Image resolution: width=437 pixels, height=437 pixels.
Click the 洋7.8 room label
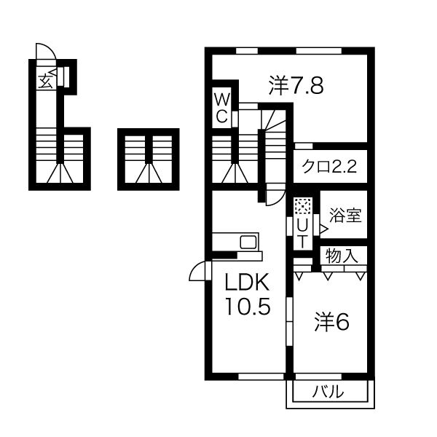pyautogui.click(x=296, y=86)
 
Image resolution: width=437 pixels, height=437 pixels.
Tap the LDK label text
pyautogui.click(x=247, y=282)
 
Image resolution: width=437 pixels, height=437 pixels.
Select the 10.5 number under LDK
pyautogui.click(x=248, y=307)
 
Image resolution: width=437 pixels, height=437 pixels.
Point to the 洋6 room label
pyautogui.click(x=331, y=323)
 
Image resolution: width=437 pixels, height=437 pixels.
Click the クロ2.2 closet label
pyautogui.click(x=329, y=168)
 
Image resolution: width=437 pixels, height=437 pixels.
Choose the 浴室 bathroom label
pyautogui.click(x=345, y=215)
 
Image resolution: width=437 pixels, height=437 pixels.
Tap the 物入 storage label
pyautogui.click(x=342, y=256)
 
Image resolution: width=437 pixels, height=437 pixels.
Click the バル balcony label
pyautogui.click(x=328, y=392)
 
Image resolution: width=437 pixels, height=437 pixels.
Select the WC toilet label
pyautogui.click(x=222, y=108)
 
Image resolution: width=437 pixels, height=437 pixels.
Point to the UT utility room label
pyautogui.click(x=302, y=234)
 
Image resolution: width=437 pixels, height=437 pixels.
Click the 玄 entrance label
pyautogui.click(x=45, y=82)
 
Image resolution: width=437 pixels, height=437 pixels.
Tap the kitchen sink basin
pyautogui.click(x=248, y=243)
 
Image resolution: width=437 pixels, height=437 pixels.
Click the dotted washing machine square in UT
pyautogui.click(x=303, y=206)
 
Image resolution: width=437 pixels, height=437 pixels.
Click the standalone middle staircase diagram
pyautogui.click(x=149, y=159)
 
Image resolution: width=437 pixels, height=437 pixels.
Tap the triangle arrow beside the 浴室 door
pyautogui.click(x=324, y=229)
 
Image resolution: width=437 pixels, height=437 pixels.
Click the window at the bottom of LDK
pyautogui.click(x=261, y=377)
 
